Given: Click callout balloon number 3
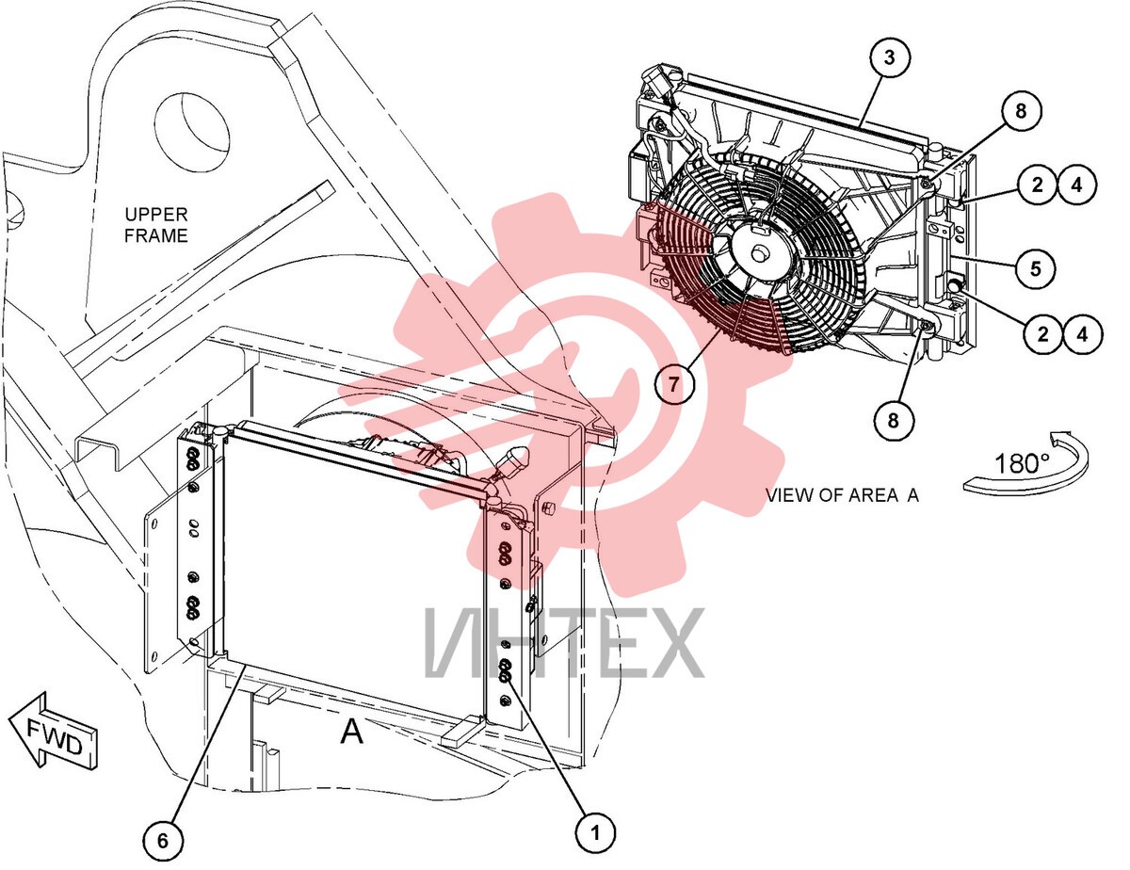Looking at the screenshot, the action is pyautogui.click(x=889, y=57).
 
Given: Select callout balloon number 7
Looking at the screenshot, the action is pyautogui.click(x=674, y=384).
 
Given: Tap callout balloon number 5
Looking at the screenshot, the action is pyautogui.click(x=1035, y=268).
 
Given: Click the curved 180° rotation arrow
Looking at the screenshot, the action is pyautogui.click(x=1027, y=464).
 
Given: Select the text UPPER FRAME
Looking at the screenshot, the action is pyautogui.click(x=155, y=224).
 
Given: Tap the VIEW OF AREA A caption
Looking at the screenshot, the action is pyautogui.click(x=843, y=495).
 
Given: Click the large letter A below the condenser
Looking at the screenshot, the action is pyautogui.click(x=352, y=733).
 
